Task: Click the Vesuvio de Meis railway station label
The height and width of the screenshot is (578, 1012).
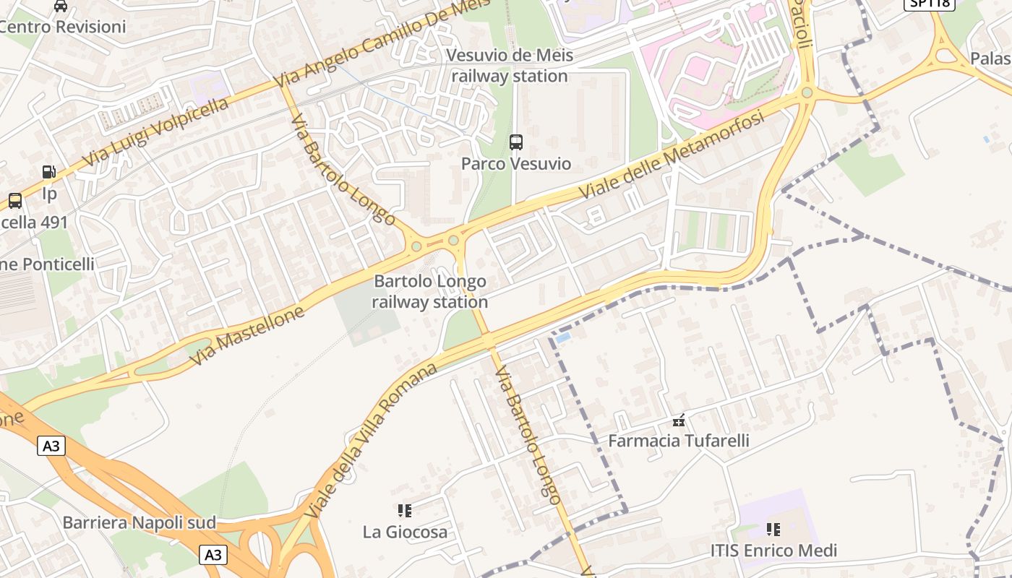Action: click(x=510, y=66)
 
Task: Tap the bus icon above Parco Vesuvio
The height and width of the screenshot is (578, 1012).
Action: click(x=516, y=142)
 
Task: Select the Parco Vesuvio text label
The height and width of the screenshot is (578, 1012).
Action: click(x=516, y=164)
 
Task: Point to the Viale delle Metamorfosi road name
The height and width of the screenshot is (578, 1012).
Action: click(x=672, y=155)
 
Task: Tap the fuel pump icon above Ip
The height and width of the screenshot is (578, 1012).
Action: click(x=49, y=172)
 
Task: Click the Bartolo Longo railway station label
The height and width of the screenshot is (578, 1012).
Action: click(x=430, y=291)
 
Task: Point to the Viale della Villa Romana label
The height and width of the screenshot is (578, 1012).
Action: click(x=371, y=441)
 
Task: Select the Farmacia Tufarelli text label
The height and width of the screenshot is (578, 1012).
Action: click(x=678, y=440)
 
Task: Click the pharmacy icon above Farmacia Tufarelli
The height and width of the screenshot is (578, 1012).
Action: click(x=678, y=420)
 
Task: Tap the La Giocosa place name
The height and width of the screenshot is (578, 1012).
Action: click(x=405, y=532)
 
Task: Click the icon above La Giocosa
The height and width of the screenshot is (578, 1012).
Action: click(x=405, y=511)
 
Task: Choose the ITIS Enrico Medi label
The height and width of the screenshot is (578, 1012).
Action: click(x=773, y=551)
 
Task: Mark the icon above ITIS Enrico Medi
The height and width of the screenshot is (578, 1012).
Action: click(x=773, y=530)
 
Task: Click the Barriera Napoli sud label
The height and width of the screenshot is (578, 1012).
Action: click(x=140, y=522)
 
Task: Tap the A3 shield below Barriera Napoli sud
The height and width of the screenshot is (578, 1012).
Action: click(x=213, y=554)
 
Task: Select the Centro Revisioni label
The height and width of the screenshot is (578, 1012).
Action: click(x=64, y=27)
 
